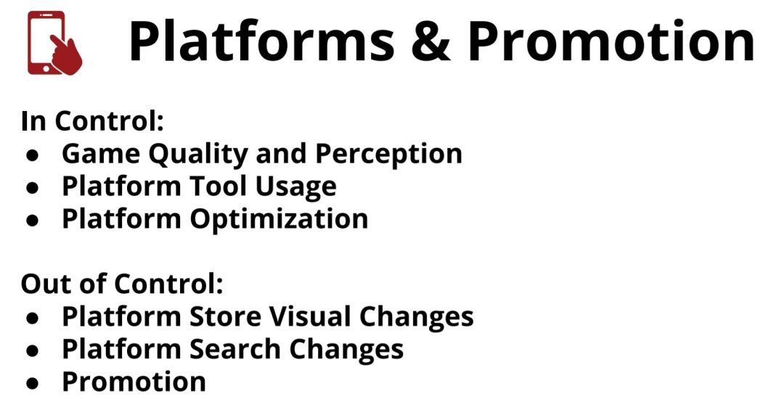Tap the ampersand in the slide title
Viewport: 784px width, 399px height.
click(x=430, y=41)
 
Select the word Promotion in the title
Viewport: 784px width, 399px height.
click(x=611, y=41)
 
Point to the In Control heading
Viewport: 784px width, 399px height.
click(x=92, y=121)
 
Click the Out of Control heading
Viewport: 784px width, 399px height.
click(x=122, y=284)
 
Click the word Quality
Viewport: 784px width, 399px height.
click(x=198, y=155)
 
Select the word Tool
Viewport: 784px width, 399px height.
click(x=219, y=186)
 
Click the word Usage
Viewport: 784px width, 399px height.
click(x=296, y=189)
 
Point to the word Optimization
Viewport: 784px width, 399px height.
click(x=279, y=221)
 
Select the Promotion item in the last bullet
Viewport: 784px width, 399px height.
click(x=134, y=382)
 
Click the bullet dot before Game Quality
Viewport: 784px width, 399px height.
click(x=33, y=155)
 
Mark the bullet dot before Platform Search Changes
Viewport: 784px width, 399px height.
click(x=33, y=350)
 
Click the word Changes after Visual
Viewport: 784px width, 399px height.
click(x=417, y=318)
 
